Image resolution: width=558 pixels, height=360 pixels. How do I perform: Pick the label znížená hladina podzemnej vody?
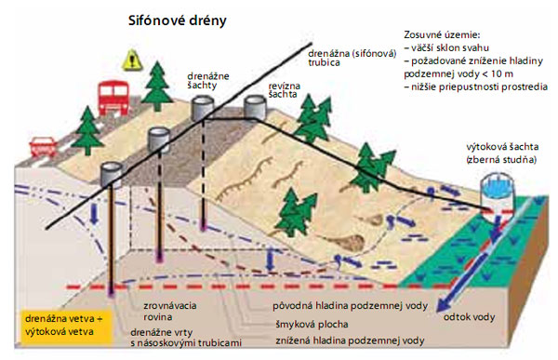click(350, 340)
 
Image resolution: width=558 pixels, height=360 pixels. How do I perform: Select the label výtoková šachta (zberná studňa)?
click(502, 153)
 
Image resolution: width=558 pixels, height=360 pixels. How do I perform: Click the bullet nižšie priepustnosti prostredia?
click(472, 87)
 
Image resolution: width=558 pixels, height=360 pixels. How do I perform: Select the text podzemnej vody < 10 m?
click(458, 73)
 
